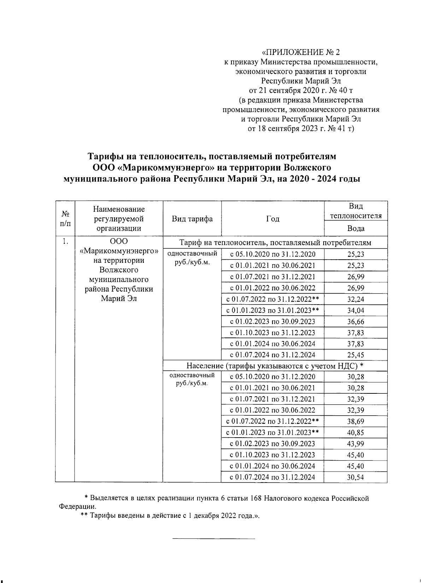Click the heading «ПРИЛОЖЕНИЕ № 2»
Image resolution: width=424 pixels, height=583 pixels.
pyautogui.click(x=301, y=53)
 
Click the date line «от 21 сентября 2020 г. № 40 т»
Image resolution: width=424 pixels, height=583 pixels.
pyautogui.click(x=301, y=91)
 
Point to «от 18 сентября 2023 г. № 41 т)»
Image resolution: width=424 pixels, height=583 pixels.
pyautogui.click(x=301, y=128)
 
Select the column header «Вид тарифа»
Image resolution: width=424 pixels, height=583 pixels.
pyautogui.click(x=192, y=219)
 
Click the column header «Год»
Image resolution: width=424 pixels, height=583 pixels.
pyautogui.click(x=272, y=219)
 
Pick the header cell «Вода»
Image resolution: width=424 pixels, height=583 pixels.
pyautogui.click(x=355, y=229)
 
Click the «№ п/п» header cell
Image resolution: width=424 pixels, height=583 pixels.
pyautogui.click(x=65, y=219)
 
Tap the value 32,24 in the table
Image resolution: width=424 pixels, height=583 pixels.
pyautogui.click(x=355, y=299)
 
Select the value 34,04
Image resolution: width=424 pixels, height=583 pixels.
pyautogui.click(x=355, y=311)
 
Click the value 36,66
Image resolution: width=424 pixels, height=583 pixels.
pyautogui.click(x=355, y=322)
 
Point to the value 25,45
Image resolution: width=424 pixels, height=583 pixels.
pyautogui.click(x=355, y=355)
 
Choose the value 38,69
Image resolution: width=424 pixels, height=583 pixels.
pyautogui.click(x=355, y=422)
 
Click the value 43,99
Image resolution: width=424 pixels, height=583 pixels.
pyautogui.click(x=355, y=444)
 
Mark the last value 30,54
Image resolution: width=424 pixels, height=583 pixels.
pyautogui.click(x=355, y=477)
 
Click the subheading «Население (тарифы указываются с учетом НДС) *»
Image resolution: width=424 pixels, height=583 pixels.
pyautogui.click(x=275, y=366)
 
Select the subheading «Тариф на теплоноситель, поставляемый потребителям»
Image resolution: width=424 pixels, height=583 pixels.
pyautogui.click(x=275, y=243)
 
